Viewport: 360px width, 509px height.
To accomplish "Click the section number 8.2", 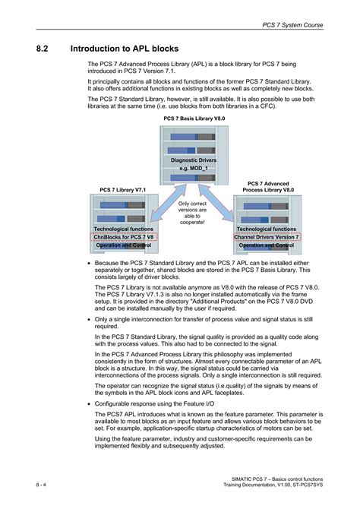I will (43, 49).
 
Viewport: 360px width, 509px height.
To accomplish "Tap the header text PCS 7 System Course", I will (292, 25).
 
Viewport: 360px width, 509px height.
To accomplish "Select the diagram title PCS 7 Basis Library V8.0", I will (194, 119).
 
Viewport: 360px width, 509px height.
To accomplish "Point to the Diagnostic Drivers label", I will (195, 160).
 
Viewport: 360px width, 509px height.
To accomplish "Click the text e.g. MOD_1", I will (195, 168).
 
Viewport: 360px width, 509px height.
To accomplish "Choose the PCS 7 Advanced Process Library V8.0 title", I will (266, 187).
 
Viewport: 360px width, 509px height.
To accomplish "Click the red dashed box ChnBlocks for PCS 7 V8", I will (123, 237).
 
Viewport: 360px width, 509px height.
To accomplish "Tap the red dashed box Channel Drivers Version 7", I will (266, 237).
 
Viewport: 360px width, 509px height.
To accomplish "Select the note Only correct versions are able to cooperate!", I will (191, 213).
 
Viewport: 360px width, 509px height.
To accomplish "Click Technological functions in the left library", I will (123, 229).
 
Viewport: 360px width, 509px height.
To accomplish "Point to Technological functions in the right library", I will (266, 229).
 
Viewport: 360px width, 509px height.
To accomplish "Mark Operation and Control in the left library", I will (123, 245).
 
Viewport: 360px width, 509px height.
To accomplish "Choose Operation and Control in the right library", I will (266, 245).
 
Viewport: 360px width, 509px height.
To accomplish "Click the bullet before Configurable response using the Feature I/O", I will (90, 400).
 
